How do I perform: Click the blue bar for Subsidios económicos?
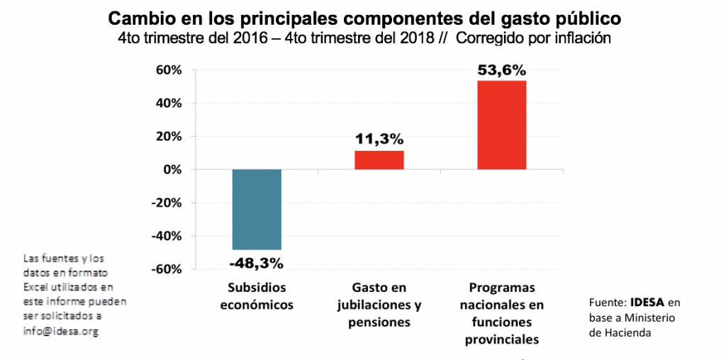[x=257, y=210]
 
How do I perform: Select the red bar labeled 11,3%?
[x=379, y=160]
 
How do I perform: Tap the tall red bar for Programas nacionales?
[x=502, y=125]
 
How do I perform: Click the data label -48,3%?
[x=257, y=263]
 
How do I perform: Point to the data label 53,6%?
[x=502, y=70]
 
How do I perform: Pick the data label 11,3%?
[x=379, y=140]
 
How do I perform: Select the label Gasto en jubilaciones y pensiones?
[x=380, y=305]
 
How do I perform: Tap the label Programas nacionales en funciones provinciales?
[x=502, y=314]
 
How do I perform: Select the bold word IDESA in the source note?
[x=647, y=302]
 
